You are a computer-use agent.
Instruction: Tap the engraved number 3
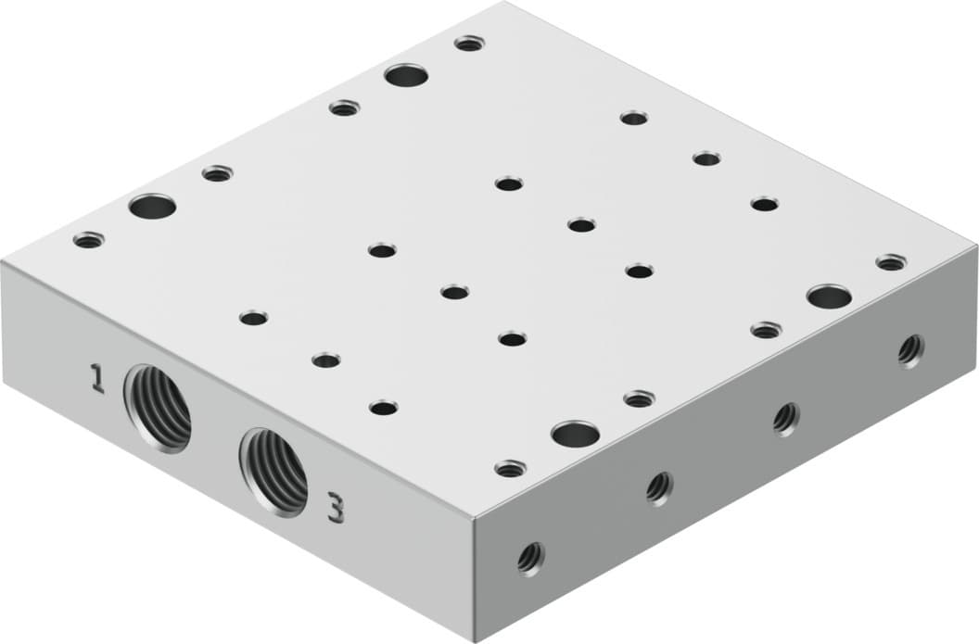click(x=335, y=508)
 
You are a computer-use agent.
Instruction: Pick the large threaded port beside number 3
click(x=273, y=472)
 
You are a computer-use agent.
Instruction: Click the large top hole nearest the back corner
click(x=406, y=74)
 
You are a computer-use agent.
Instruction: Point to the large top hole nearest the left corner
click(x=153, y=206)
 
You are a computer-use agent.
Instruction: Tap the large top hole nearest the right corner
click(x=829, y=297)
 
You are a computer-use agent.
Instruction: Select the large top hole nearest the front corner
click(x=575, y=433)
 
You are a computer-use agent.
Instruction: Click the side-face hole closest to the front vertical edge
click(x=530, y=558)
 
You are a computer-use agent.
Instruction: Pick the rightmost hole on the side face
click(x=910, y=349)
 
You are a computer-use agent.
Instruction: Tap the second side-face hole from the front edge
click(x=659, y=486)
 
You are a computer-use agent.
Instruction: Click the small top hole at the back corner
click(x=469, y=43)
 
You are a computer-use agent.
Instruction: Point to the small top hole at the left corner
click(x=88, y=240)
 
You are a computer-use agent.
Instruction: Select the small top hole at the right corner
click(x=890, y=262)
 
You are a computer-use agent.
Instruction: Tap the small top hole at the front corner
click(x=510, y=469)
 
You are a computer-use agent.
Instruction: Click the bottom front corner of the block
click(x=474, y=640)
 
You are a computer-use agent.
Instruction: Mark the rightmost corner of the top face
click(x=975, y=247)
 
